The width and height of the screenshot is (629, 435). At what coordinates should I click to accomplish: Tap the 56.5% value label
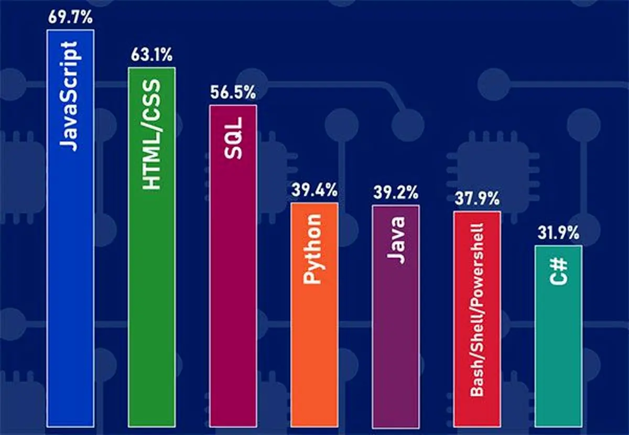[233, 94]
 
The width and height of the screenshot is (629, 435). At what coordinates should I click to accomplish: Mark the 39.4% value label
[314, 192]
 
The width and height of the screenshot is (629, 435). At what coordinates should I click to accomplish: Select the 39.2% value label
[396, 194]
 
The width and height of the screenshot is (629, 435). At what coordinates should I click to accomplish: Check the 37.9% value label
[477, 200]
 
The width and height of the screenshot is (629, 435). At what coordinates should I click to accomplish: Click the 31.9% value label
[558, 234]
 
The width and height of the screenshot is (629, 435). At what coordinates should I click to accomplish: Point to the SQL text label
[233, 139]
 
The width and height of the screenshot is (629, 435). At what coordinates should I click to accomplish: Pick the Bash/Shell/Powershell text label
[477, 309]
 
